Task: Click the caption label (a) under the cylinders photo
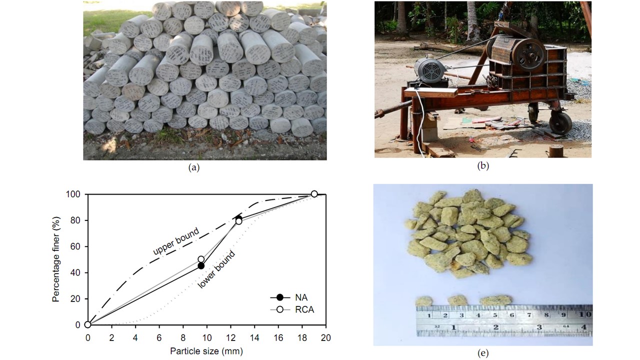(x=193, y=168)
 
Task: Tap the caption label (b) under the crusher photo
(x=483, y=166)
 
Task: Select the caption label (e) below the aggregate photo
(x=483, y=353)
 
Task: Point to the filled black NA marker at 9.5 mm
(x=201, y=266)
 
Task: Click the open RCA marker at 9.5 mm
(x=201, y=259)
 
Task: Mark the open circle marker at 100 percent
(x=314, y=194)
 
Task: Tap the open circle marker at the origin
(x=88, y=324)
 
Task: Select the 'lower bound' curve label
(x=216, y=269)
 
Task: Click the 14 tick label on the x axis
(x=254, y=337)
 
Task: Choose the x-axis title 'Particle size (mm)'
(x=207, y=351)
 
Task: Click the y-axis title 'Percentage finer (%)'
(x=56, y=259)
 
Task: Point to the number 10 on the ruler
(x=585, y=315)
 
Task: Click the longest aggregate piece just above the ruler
(x=496, y=300)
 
